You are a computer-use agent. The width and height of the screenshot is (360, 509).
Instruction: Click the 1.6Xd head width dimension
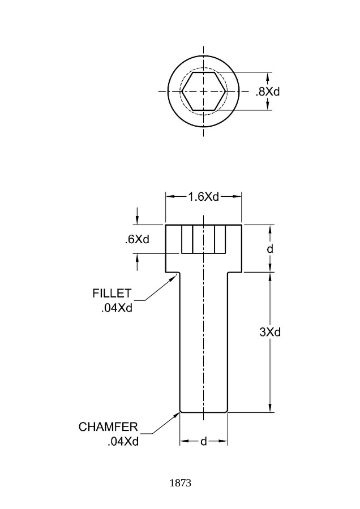pos(204,197)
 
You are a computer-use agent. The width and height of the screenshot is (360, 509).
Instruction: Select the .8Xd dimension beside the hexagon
pos(267,92)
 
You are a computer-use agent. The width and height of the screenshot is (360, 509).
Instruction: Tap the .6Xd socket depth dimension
pos(137,240)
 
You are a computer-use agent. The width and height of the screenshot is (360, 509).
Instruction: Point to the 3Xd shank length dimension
pos(270,332)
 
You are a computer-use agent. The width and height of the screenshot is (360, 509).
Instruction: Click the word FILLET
pos(112,294)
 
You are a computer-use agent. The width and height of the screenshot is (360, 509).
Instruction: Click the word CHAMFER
pos(108,427)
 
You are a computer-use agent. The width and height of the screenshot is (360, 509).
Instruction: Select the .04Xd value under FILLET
pos(117,308)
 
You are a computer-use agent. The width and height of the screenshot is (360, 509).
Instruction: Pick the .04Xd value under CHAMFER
pos(123,442)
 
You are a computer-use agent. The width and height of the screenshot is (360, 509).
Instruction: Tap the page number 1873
pos(181,483)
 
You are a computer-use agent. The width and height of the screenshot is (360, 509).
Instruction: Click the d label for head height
pos(270,249)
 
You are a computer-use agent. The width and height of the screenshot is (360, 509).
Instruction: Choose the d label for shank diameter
pos(204,442)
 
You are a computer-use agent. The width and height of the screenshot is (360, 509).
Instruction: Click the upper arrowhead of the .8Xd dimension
pos(268,77)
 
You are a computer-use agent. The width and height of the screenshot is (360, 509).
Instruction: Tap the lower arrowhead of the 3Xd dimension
pos(270,408)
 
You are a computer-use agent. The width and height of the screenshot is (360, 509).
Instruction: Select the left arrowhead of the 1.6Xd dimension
pos(170,196)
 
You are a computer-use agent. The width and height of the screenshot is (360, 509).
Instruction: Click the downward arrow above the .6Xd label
pos(137,221)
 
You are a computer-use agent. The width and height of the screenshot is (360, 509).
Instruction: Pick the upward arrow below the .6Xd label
pos(137,258)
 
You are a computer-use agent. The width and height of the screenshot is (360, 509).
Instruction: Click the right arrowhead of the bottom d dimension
pos(222,441)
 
